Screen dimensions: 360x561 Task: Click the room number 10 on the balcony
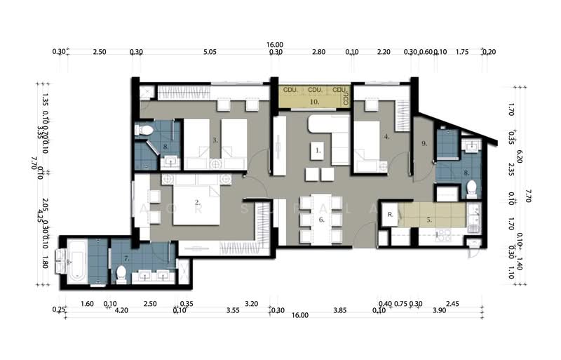tap(315, 102)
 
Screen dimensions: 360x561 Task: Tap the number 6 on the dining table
tap(321, 220)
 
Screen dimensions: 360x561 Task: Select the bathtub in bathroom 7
tap(76, 260)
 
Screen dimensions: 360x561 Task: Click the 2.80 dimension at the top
tap(318, 51)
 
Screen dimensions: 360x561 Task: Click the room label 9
tap(424, 144)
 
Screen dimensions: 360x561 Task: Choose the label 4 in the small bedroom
tap(386, 138)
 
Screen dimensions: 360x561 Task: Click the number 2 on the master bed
tap(197, 202)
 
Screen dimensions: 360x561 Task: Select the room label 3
tap(215, 140)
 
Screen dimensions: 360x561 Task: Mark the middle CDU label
tap(315, 90)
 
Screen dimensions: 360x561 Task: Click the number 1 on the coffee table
tap(318, 150)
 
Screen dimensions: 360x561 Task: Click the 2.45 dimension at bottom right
tap(452, 305)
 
